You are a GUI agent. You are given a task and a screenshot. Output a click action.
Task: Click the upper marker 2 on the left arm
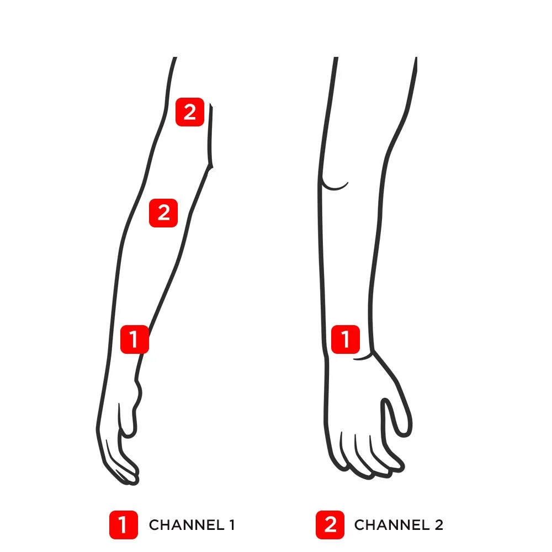pos(190,112)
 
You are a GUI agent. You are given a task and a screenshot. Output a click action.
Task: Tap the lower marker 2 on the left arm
pos(163,213)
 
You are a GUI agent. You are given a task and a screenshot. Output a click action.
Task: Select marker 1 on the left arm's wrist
pos(135,339)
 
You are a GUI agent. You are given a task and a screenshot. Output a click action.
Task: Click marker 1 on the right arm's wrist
pos(346,339)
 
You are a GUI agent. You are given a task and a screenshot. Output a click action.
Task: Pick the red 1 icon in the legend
pos(123,525)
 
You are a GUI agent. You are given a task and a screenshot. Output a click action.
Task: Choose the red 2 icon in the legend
pos(330,525)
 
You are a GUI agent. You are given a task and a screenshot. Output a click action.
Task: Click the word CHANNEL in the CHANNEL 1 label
pos(187,525)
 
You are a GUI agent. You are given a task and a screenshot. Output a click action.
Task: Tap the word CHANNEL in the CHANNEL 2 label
pos(392,525)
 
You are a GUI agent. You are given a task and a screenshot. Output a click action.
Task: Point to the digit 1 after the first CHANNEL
pos(232,525)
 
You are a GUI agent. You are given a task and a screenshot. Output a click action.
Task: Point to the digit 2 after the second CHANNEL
pos(439,525)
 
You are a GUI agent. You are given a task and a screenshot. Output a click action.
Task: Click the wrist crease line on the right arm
pos(363,358)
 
